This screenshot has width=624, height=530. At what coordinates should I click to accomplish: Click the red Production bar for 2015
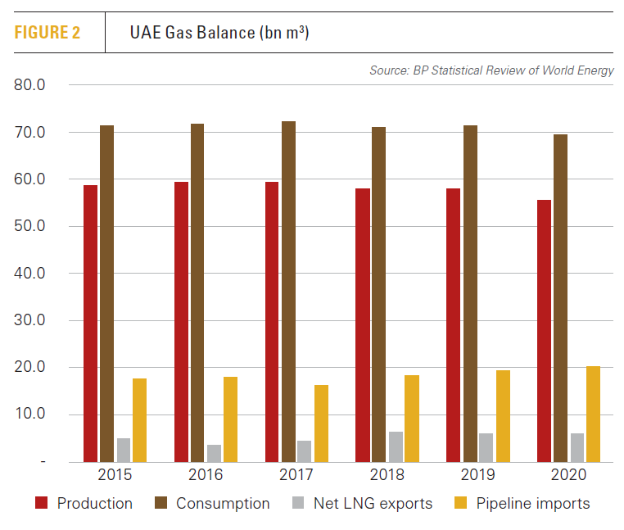coord(90,324)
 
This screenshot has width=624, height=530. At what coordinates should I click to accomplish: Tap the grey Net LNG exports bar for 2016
coord(214,453)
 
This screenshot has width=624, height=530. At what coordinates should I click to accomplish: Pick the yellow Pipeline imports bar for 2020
coord(593,414)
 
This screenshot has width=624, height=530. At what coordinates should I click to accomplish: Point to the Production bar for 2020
coord(544,331)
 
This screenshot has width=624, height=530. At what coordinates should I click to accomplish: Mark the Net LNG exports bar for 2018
coord(396,446)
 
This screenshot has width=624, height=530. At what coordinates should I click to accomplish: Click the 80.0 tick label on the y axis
coord(30,84)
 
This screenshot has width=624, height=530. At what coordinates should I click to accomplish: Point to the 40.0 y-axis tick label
coord(30,274)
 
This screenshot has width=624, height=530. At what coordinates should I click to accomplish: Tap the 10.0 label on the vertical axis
coord(30,414)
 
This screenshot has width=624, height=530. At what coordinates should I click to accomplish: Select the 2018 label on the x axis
coord(387,476)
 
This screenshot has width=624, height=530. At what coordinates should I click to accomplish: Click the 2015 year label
coord(115,476)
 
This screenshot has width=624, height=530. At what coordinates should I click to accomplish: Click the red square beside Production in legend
coord(41,504)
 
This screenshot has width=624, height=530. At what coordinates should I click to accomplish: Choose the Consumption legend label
coord(223,504)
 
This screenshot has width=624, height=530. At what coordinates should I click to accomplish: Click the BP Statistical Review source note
coord(491,70)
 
